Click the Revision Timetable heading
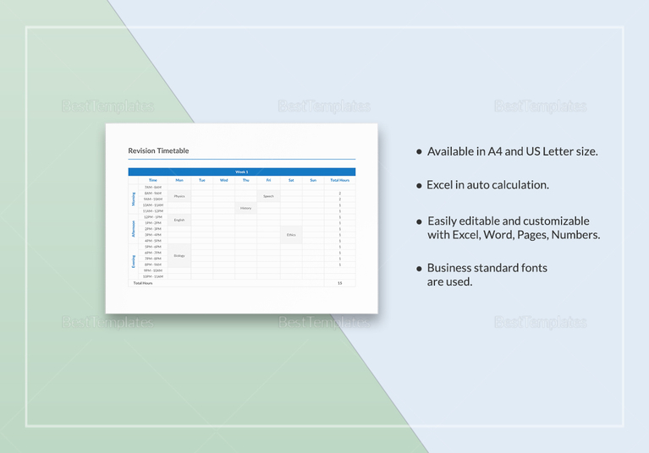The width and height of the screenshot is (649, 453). tap(158, 150)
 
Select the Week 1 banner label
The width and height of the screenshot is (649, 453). tap(241, 172)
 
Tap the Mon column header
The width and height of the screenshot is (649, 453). tap(179, 180)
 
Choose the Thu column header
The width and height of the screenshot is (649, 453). tap(246, 180)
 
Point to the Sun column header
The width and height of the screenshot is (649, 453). tap(313, 180)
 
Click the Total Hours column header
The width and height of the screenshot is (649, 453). tap(340, 180)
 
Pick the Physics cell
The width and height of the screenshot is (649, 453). tap(179, 196)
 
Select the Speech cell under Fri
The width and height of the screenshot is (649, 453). tap(268, 196)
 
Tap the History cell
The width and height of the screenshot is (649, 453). tap(246, 208)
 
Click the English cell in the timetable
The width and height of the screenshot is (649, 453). tap(179, 220)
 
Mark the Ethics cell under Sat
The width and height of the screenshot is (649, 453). tap(291, 235)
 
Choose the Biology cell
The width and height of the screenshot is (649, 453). tap(179, 255)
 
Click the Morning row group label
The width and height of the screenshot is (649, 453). tap(133, 199)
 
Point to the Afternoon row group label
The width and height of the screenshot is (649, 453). tap(133, 228)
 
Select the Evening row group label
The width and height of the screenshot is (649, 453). tap(133, 261)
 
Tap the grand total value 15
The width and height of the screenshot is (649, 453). tap(340, 283)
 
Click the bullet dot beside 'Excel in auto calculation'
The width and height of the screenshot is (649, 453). tap(418, 185)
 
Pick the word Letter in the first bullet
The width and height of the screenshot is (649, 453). tap(559, 151)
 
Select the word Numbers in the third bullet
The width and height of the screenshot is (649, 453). tap(575, 234)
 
